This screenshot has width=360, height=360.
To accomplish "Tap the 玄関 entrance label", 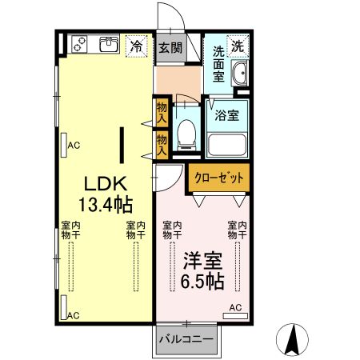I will (x=170, y=47).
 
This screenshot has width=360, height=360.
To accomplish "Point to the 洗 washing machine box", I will (x=238, y=46).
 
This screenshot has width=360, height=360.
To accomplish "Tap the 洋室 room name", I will (x=202, y=262).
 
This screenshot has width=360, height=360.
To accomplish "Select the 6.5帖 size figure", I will (x=202, y=282).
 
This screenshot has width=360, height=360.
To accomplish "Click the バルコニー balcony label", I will (x=185, y=339).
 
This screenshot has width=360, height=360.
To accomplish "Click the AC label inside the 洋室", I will (x=236, y=307).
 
